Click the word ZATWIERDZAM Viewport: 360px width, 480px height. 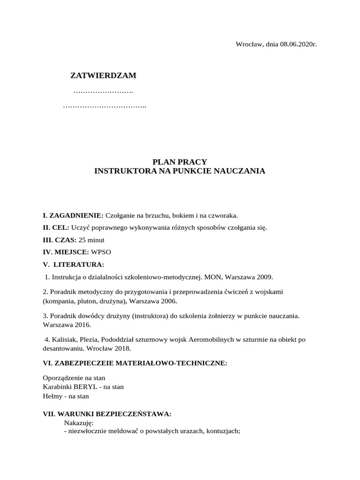point(103,75)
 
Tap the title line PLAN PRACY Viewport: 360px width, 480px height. point(180,162)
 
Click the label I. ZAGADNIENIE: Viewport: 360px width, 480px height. point(73,216)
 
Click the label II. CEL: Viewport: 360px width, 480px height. point(56,228)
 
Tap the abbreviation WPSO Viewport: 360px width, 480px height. point(101,252)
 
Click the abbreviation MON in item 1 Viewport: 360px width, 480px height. point(211,277)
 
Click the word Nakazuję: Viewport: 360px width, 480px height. point(79,423)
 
